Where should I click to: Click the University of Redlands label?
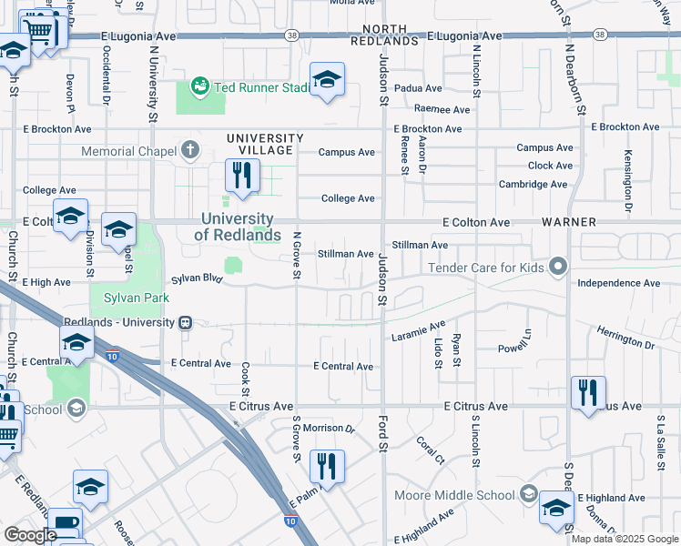(237, 227)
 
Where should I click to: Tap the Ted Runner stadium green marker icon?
(199, 86)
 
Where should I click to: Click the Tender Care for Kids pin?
(558, 267)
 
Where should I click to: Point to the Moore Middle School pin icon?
(528, 495)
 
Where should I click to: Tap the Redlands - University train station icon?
(185, 322)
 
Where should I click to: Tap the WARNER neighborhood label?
(568, 222)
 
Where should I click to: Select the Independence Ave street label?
(618, 283)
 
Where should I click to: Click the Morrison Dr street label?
(328, 428)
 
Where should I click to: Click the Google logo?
(29, 535)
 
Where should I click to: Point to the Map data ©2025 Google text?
(625, 539)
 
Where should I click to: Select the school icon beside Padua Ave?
(326, 79)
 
